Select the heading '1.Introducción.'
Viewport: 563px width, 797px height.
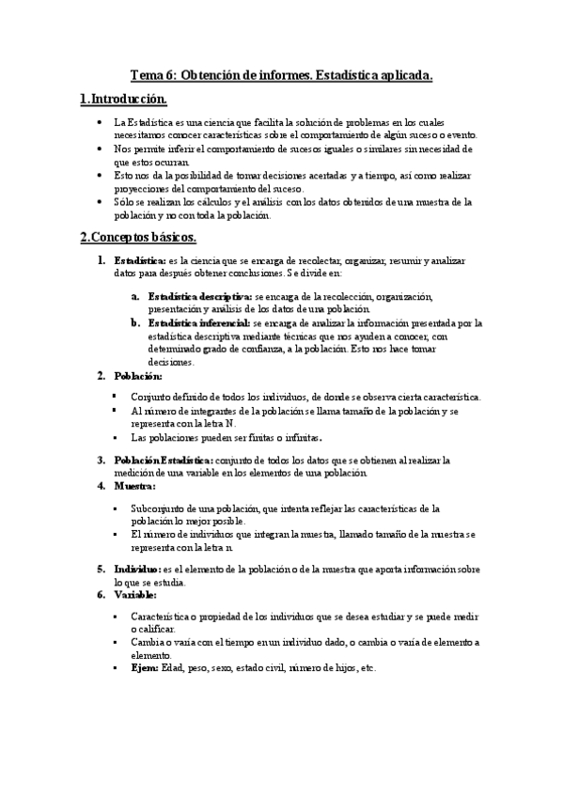click(x=124, y=100)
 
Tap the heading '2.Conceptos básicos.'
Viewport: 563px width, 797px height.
click(x=138, y=239)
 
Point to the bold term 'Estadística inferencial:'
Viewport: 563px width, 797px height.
click(x=198, y=322)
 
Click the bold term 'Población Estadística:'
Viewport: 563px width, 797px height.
click(x=164, y=461)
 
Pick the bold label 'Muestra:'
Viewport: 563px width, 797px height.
click(x=134, y=486)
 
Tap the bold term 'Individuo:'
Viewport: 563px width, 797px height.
click(x=137, y=570)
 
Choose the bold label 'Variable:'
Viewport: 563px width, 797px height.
click(x=135, y=595)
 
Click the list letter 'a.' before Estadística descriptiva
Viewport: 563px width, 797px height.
click(x=136, y=296)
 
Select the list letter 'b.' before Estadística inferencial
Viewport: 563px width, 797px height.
click(x=136, y=322)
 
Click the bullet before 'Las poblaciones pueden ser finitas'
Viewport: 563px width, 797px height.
click(x=116, y=438)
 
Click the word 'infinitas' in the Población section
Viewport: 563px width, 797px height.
click(x=302, y=438)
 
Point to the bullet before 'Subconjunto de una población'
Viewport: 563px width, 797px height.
click(x=116, y=508)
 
